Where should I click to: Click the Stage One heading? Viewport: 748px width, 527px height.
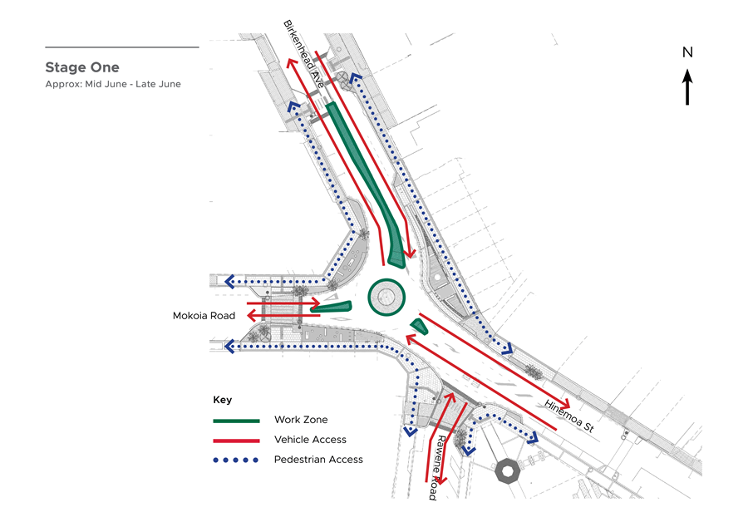click(x=82, y=67)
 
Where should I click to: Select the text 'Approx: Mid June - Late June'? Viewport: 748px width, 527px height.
click(x=113, y=84)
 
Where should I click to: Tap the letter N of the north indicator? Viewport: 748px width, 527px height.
click(x=687, y=52)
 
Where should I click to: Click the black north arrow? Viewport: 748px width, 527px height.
click(x=687, y=86)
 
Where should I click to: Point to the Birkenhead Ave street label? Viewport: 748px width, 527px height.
click(x=304, y=54)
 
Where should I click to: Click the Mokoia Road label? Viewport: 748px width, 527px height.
click(x=204, y=316)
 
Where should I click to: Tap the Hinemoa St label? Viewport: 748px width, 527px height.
click(x=569, y=416)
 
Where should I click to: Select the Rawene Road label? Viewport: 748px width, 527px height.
click(x=437, y=467)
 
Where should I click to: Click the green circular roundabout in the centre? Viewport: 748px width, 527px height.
click(x=386, y=297)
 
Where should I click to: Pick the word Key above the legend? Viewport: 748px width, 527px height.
click(x=222, y=400)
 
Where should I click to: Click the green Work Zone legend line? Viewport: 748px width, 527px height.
click(x=236, y=421)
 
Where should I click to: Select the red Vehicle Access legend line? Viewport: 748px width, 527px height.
click(x=236, y=441)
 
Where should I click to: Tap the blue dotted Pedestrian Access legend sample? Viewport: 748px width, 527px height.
click(x=236, y=461)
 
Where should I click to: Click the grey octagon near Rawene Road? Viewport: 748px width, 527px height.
click(x=507, y=471)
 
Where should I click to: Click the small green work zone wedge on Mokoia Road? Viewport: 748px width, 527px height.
click(x=331, y=307)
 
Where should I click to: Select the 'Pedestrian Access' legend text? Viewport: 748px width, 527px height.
click(x=318, y=460)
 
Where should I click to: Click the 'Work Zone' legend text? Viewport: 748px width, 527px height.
click(x=301, y=420)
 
